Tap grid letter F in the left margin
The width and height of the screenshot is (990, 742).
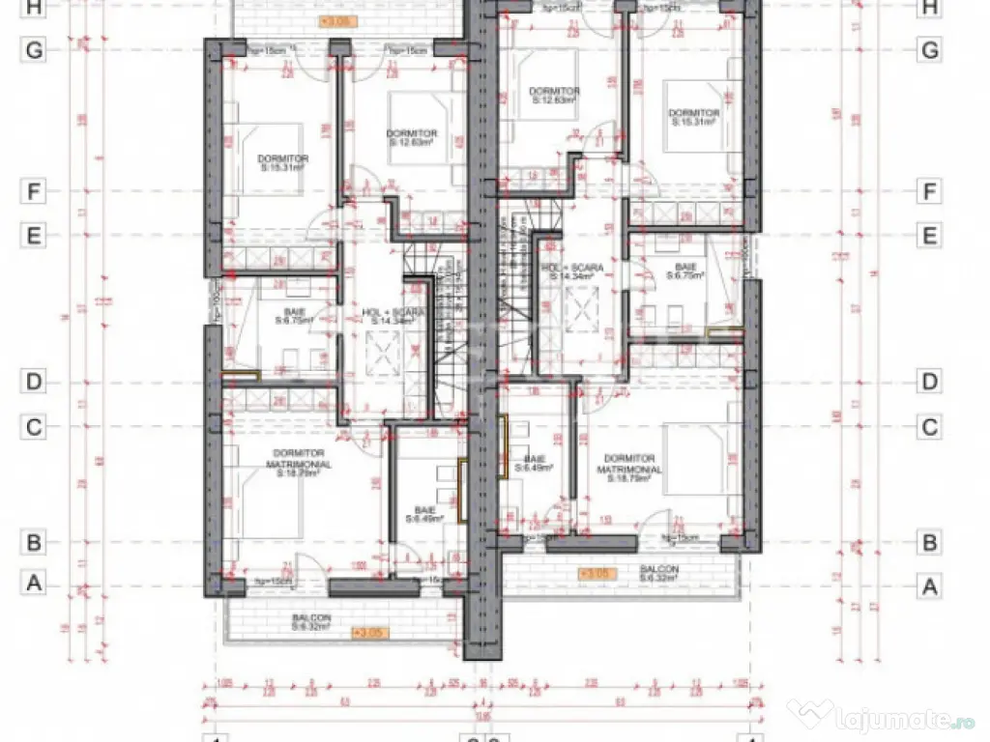pyautogui.click(x=34, y=191)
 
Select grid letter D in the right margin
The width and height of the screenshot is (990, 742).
pyautogui.click(x=929, y=382)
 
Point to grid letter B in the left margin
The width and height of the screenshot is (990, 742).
pyautogui.click(x=34, y=542)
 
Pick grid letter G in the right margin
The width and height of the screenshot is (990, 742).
pyautogui.click(x=929, y=51)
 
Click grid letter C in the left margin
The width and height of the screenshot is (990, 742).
pyautogui.click(x=34, y=427)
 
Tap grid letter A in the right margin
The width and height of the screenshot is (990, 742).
pyautogui.click(x=929, y=585)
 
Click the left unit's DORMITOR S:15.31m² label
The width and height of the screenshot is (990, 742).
pyautogui.click(x=281, y=162)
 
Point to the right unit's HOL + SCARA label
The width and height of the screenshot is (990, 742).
pyautogui.click(x=572, y=271)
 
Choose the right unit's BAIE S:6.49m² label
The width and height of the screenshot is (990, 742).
pyautogui.click(x=534, y=463)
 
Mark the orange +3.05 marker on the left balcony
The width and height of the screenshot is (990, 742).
pyautogui.click(x=369, y=634)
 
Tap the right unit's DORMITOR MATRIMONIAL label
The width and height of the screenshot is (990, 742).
pyautogui.click(x=629, y=464)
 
